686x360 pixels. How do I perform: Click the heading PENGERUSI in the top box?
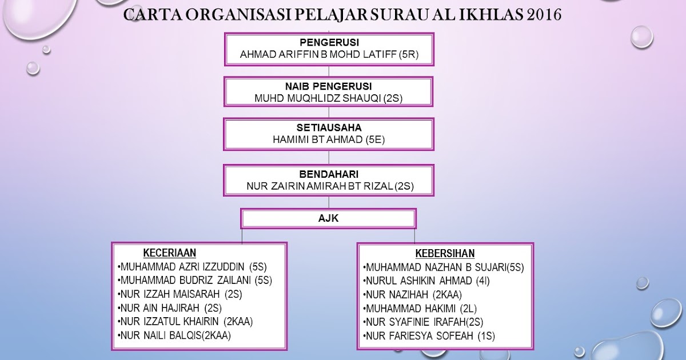click(328, 42)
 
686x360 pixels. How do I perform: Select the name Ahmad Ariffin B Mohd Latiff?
click(328, 55)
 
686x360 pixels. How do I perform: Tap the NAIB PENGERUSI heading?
click(328, 86)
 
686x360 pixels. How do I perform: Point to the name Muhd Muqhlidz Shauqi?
click(328, 98)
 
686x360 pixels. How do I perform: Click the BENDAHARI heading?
click(328, 173)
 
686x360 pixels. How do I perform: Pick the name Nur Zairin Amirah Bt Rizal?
click(328, 186)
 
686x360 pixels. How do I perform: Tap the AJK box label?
click(328, 218)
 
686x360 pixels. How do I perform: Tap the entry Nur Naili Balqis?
click(174, 335)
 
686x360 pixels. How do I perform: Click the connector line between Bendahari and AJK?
click(328, 202)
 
